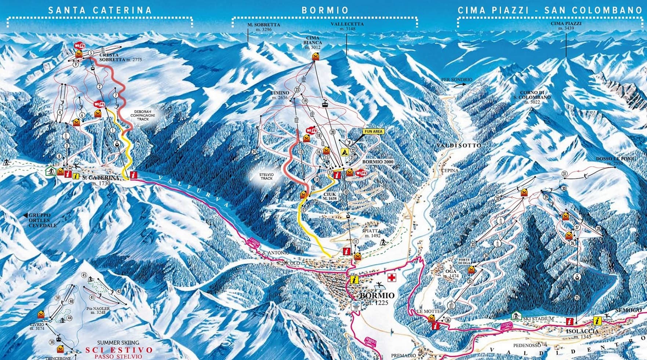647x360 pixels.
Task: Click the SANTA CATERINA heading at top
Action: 100,10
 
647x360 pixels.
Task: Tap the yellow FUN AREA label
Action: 373,131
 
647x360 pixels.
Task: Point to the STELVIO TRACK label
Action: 267,176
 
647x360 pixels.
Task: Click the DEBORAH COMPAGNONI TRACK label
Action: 143,115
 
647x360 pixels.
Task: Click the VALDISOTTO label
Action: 459,146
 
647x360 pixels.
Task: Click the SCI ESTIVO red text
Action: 119,350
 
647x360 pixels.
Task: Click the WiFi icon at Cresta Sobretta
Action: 79,46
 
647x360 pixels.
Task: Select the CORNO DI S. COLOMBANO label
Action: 535,97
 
